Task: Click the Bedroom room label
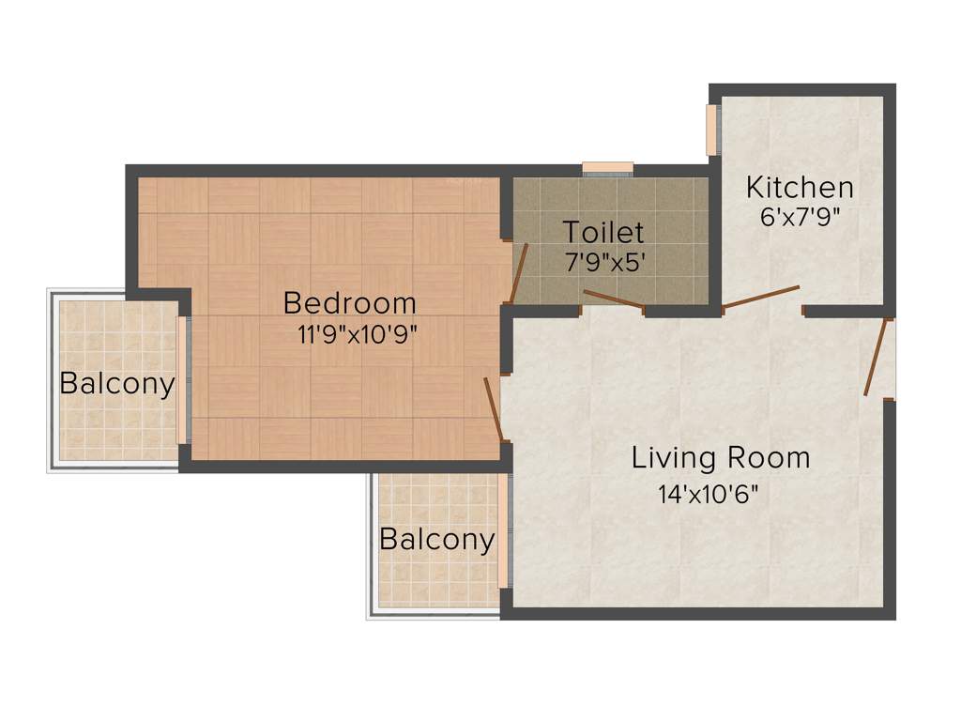pos(349,303)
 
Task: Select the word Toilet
pos(603,232)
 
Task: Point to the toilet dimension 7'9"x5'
pos(605,262)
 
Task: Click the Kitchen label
pos(800,188)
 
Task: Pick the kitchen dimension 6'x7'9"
pos(800,217)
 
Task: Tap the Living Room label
pos(720,458)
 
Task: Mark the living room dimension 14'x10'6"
pos(708,494)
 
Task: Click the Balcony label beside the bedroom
pos(117,384)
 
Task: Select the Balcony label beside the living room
pos(436,540)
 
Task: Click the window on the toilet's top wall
pos(607,168)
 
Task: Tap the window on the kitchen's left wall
pos(711,130)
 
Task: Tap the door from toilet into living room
pos(613,299)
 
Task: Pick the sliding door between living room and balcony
pos(504,531)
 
